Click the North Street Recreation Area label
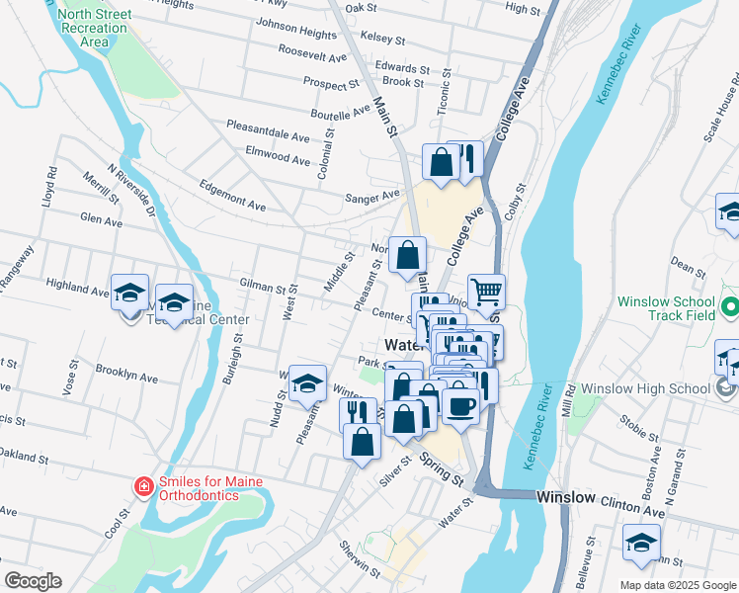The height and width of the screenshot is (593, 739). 94,28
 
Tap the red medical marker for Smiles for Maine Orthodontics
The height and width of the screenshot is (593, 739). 143,486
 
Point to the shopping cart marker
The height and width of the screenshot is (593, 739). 486,293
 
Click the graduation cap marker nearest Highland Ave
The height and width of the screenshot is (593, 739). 129,293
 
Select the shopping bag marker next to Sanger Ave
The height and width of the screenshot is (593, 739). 441,162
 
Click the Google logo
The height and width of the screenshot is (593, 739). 33,581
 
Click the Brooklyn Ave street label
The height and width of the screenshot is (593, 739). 126,375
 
